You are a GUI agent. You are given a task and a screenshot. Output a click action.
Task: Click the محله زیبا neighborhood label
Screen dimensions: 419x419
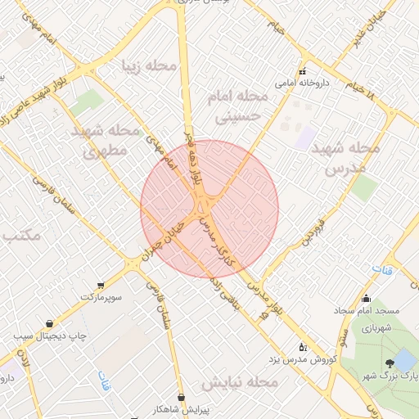click(x=149, y=65)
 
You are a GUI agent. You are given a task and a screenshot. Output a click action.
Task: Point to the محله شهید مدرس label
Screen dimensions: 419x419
click(x=353, y=159)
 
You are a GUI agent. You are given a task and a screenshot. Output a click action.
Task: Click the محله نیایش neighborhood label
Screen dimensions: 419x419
click(x=241, y=382)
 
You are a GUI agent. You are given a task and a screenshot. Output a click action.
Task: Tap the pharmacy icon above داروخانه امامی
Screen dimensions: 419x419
click(x=302, y=70)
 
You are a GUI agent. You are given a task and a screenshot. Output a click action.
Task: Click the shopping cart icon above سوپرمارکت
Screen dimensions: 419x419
click(x=100, y=286)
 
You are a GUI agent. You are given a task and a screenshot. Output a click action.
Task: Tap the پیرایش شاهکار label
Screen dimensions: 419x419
click(x=182, y=408)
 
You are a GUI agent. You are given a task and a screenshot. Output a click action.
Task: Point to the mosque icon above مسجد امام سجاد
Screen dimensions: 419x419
click(x=366, y=299)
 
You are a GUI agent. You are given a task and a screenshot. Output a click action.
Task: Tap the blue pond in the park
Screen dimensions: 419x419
click(x=404, y=358)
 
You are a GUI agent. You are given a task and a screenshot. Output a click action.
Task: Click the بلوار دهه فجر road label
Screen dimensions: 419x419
click(x=194, y=163)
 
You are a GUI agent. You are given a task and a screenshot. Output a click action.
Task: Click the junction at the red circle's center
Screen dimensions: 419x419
click(x=209, y=209)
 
